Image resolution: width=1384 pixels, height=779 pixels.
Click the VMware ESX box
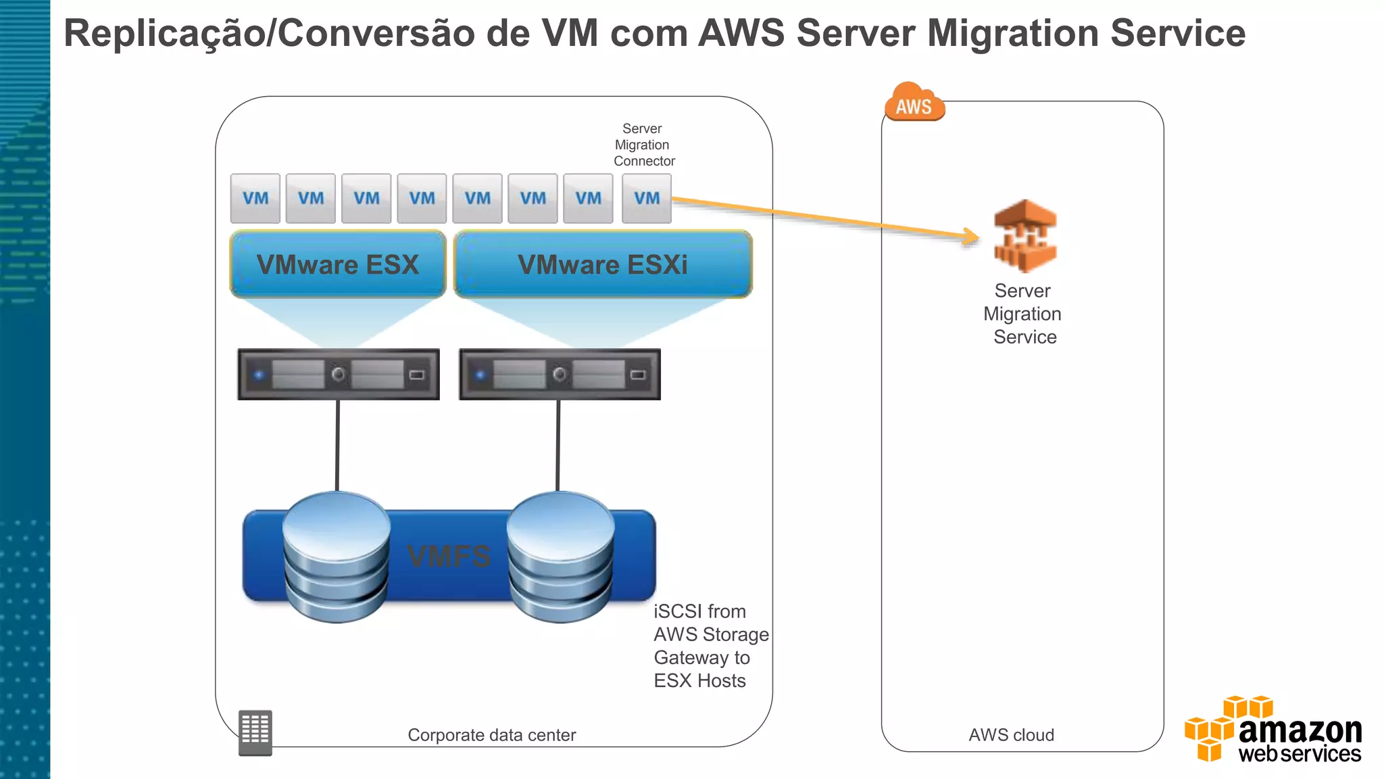pyautogui.click(x=338, y=264)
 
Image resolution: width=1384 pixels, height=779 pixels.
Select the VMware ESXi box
pyautogui.click(x=603, y=264)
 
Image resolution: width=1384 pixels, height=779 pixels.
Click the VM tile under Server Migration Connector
pyautogui.click(x=646, y=198)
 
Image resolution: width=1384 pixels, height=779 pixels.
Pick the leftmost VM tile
pyautogui.click(x=255, y=198)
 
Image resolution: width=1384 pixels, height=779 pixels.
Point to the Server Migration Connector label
pyautogui.click(x=643, y=145)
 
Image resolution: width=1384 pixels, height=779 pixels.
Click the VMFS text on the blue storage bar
pyautogui.click(x=449, y=557)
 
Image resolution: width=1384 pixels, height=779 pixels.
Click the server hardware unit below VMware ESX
pyautogui.click(x=339, y=375)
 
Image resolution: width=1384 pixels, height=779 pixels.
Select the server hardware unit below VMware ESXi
pyautogui.click(x=560, y=375)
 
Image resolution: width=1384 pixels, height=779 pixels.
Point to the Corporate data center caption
pyautogui.click(x=491, y=735)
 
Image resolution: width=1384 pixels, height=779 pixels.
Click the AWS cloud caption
pyautogui.click(x=1011, y=735)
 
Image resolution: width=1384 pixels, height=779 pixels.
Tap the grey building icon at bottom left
pyautogui.click(x=255, y=732)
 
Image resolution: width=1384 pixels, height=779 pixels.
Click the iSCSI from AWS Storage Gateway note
pyautogui.click(x=710, y=646)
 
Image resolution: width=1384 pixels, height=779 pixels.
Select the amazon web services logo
pyautogui.click(x=1274, y=730)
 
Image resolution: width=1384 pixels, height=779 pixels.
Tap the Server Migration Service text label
pyautogui.click(x=1023, y=314)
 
